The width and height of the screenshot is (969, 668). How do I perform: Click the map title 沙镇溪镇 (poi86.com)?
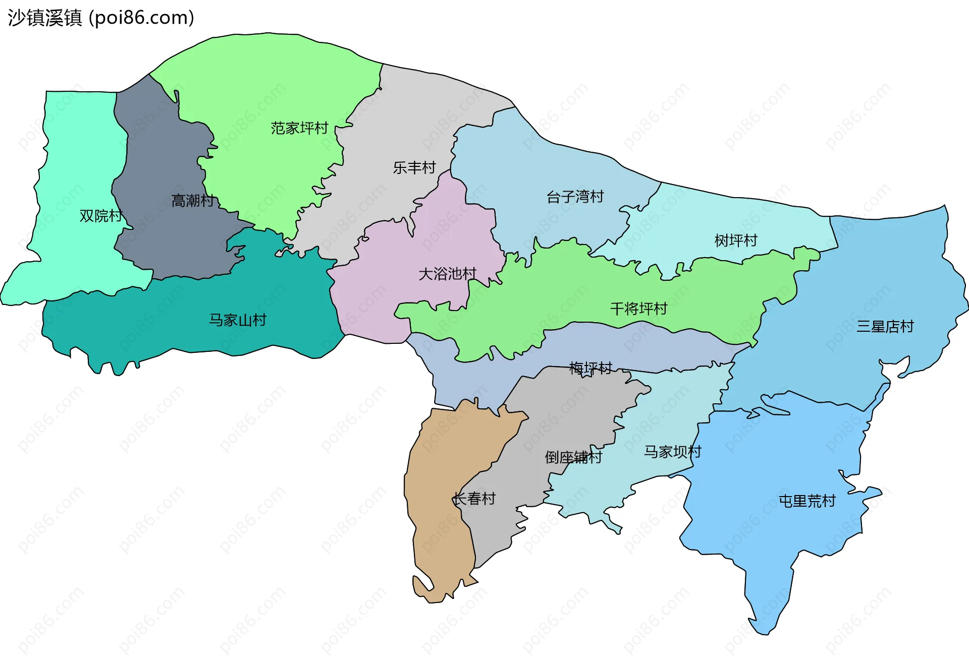pyautogui.click(x=101, y=18)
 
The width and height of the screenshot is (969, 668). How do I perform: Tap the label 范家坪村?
pyautogui.click(x=299, y=128)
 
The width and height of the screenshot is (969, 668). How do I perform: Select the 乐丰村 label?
pyautogui.click(x=414, y=167)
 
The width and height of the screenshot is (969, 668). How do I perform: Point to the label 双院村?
pyautogui.click(x=101, y=216)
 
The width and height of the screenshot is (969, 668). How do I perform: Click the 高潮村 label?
pyautogui.click(x=193, y=201)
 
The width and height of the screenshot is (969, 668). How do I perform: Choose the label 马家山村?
pyautogui.click(x=238, y=320)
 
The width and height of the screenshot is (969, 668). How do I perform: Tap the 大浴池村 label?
pyautogui.click(x=448, y=274)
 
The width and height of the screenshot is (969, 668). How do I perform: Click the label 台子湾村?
pyautogui.click(x=575, y=197)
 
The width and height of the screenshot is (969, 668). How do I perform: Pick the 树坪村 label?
pyautogui.click(x=736, y=240)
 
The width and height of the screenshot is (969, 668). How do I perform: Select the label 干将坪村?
pyautogui.click(x=639, y=309)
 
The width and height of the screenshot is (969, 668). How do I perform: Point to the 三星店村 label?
pyautogui.click(x=885, y=327)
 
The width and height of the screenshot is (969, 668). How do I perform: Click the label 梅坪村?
pyautogui.click(x=590, y=368)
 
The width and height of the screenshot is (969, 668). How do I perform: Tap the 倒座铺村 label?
pyautogui.click(x=573, y=457)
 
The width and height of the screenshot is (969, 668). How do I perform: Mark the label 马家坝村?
pyautogui.click(x=673, y=452)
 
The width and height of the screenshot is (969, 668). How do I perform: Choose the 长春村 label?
pyautogui.click(x=474, y=499)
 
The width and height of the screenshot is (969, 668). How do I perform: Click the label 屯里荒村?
pyautogui.click(x=807, y=501)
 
